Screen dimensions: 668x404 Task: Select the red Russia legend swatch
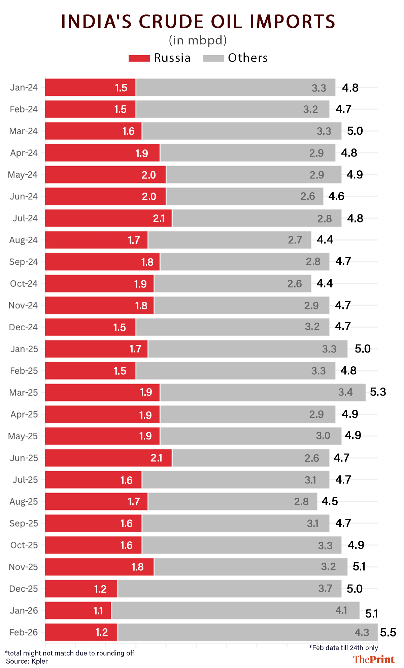point(139,58)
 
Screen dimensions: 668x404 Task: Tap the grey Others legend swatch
point(213,58)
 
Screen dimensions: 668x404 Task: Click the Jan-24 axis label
point(24,88)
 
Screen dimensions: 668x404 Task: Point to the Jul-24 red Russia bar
point(108,218)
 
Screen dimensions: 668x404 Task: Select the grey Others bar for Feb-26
point(247,632)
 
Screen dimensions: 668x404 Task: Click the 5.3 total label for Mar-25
point(378,392)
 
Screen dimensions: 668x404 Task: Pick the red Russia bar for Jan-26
point(78,610)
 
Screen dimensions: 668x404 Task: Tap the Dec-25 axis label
point(24,589)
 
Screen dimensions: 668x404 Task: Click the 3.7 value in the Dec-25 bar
point(325,589)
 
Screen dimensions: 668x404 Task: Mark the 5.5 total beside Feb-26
point(388,633)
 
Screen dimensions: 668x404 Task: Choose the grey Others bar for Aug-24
point(230,240)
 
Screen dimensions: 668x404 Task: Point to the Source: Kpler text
point(27,661)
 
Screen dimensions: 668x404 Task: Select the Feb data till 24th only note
point(343,648)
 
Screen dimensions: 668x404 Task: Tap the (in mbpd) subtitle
point(198,40)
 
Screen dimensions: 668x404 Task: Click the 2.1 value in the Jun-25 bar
point(157,458)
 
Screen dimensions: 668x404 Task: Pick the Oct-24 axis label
point(24,284)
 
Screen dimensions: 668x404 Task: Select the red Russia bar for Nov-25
point(99,567)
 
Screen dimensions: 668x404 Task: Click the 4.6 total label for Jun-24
point(336,196)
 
